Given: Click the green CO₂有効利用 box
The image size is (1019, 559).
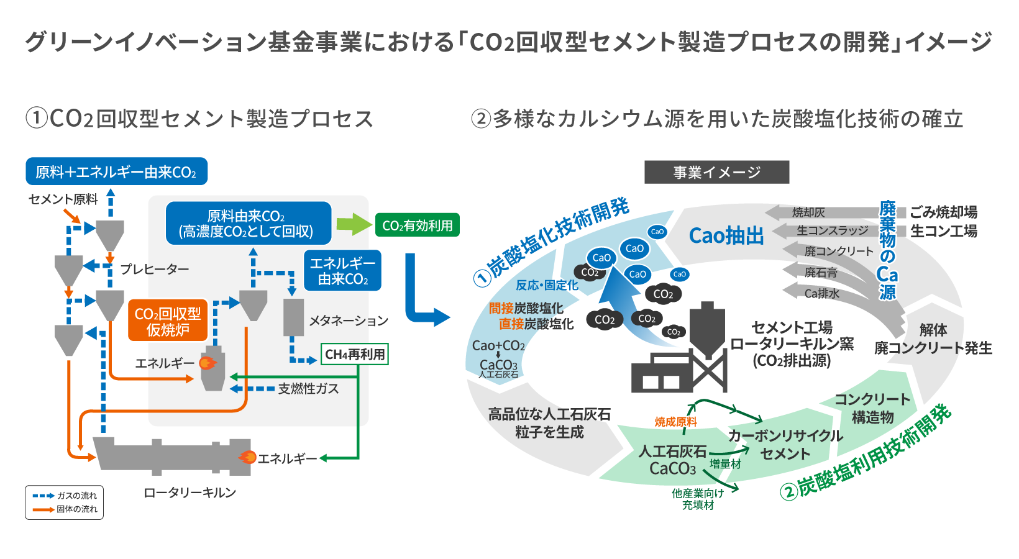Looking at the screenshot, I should coord(417,225).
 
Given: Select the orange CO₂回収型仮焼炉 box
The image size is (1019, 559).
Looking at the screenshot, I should coord(168,320).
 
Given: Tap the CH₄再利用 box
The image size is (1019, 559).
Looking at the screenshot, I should coord(355,354).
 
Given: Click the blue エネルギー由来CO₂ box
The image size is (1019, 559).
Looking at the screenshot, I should coord(342,271).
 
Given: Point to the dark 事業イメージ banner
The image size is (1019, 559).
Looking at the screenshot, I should coord(716,172).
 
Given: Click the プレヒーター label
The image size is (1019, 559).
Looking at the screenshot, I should coord(154,269).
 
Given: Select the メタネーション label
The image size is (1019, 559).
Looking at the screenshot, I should coord(348,320).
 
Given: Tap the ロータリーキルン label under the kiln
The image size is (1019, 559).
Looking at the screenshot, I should coord(190,493).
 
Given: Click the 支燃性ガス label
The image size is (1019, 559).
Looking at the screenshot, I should coord(308,389).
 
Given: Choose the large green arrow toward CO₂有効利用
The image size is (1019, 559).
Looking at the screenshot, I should coord(354,224).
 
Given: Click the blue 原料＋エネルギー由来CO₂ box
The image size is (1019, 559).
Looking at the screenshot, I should coord(116,171).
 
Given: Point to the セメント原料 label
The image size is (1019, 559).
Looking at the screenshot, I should coord(63,199).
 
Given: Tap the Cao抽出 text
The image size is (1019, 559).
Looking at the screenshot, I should coord(726,236).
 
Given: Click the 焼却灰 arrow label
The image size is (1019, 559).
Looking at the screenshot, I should coord(808,212).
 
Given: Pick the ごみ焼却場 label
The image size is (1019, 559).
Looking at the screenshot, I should coord(943,212).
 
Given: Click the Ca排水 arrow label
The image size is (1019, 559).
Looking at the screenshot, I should coord(821,293).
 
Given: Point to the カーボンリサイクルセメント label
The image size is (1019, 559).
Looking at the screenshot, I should coord(785,445).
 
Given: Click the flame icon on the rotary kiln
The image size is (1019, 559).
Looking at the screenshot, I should coord(247,458).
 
